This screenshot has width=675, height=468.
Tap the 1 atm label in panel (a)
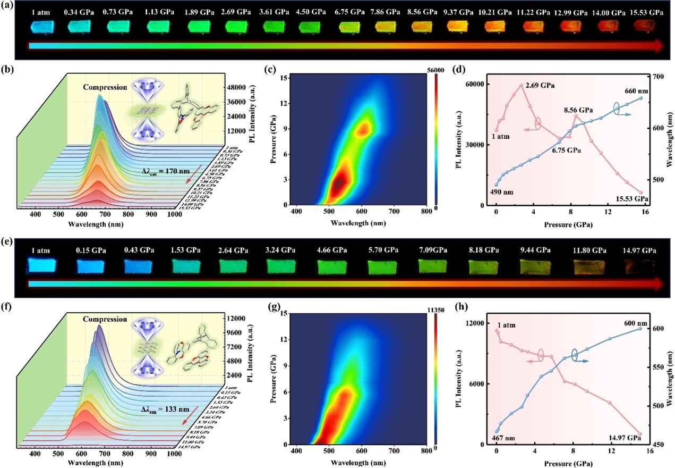(x=41, y=11)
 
